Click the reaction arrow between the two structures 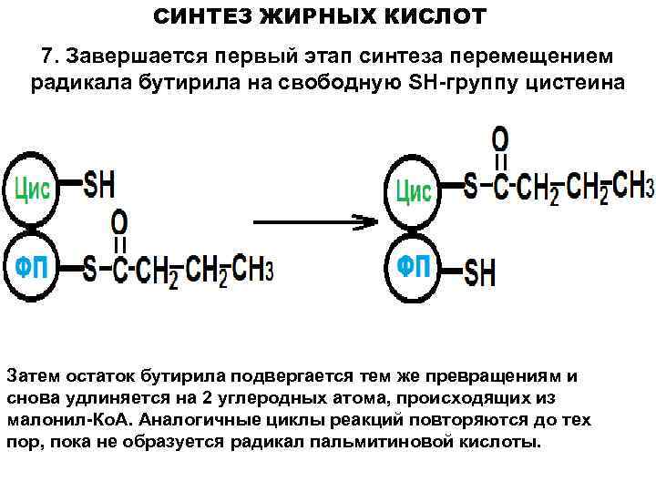pyautogui.click(x=314, y=221)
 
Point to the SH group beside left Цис pyautogui.click(x=99, y=185)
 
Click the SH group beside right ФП pyautogui.click(x=480, y=271)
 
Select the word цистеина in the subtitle pyautogui.click(x=575, y=83)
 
